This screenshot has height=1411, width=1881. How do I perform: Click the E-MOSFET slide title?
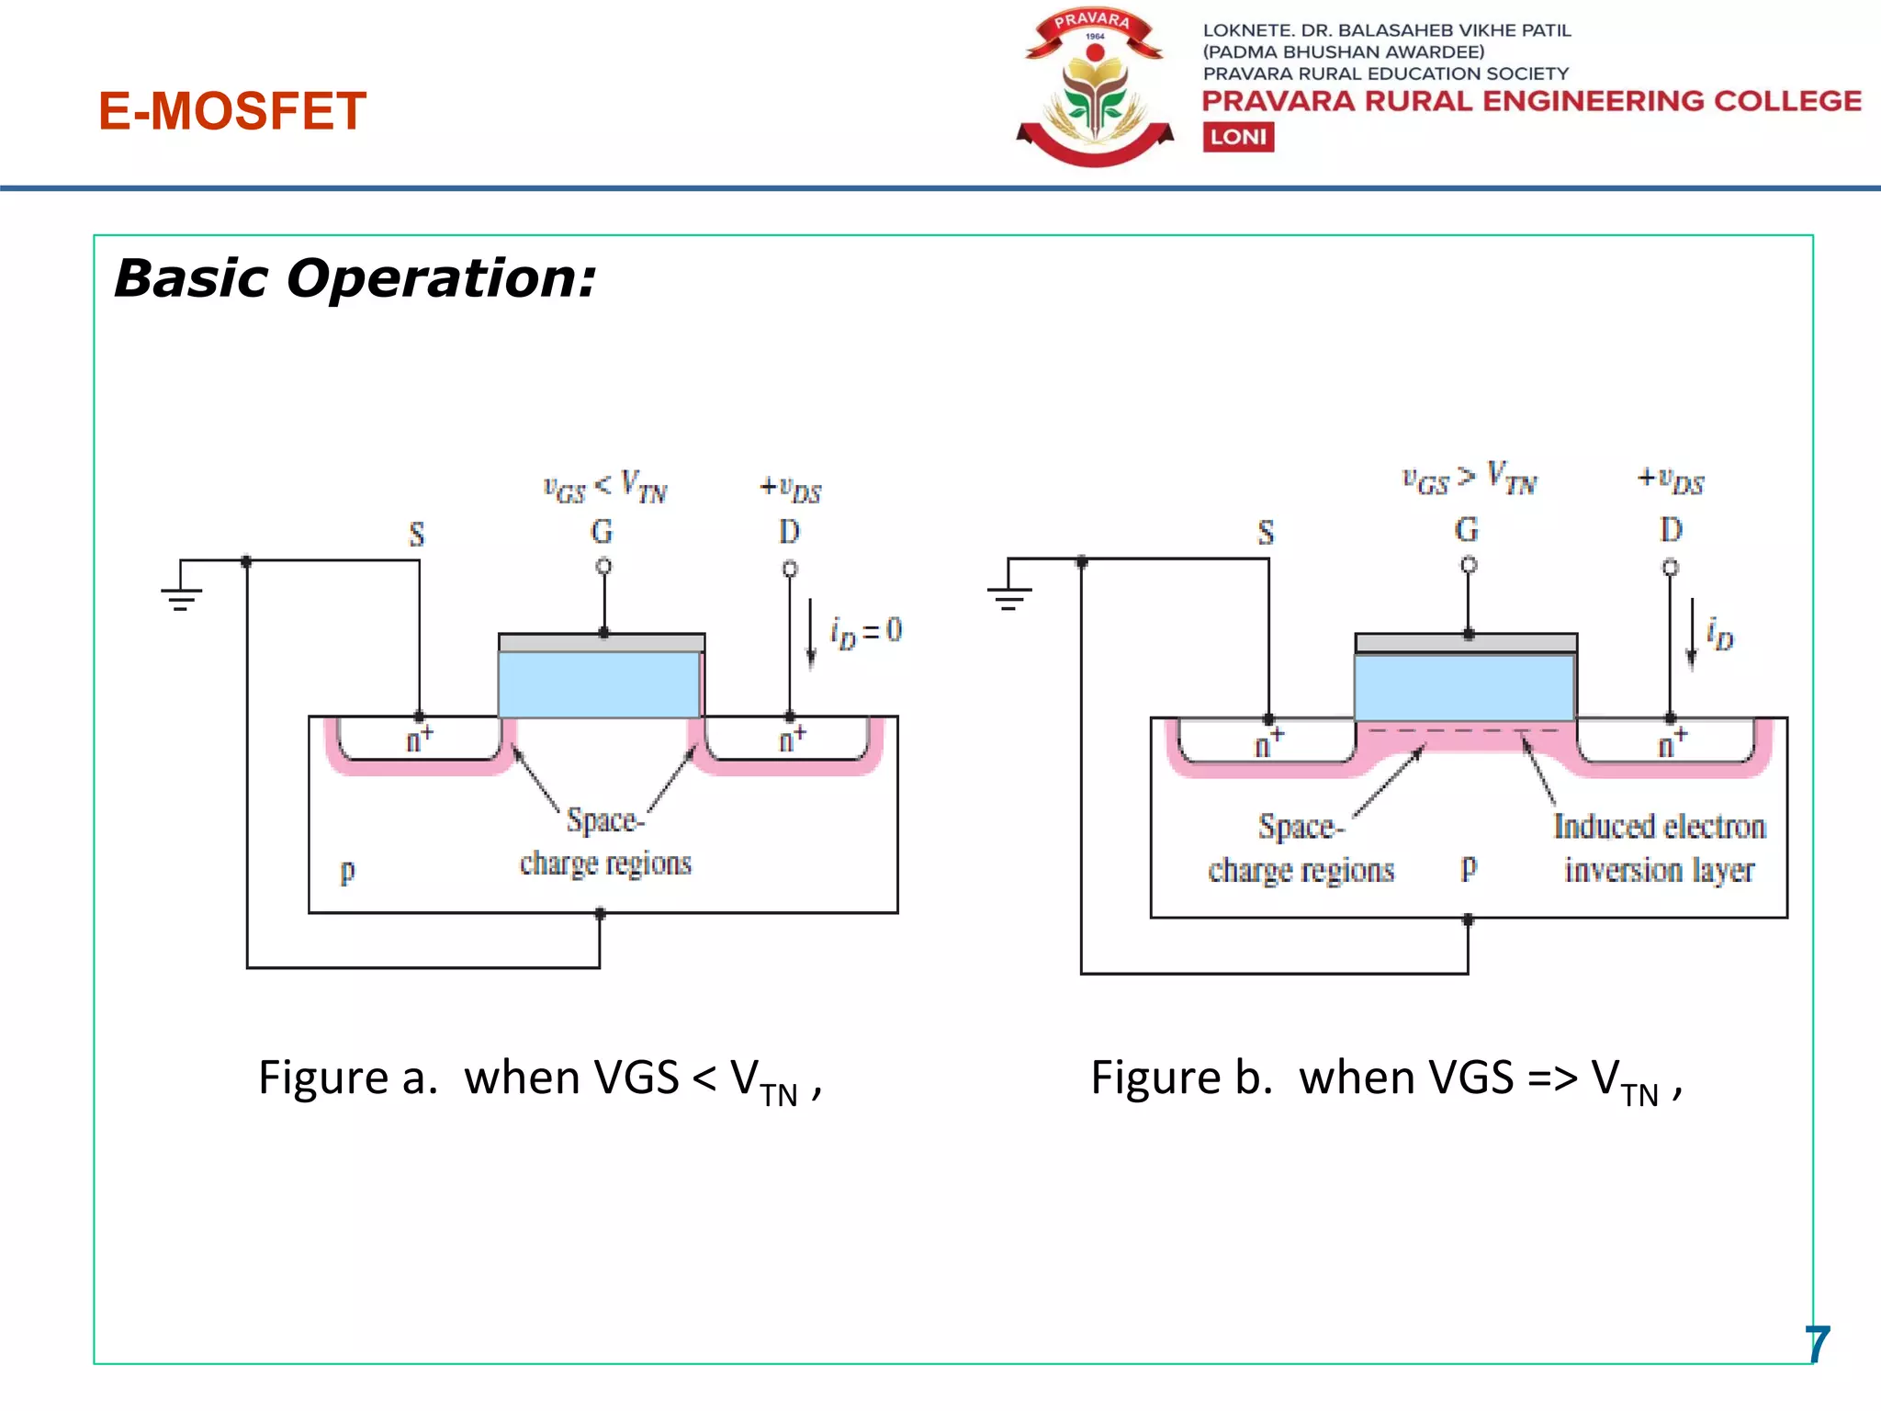(x=232, y=111)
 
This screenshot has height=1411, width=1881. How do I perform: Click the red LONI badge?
(x=1238, y=137)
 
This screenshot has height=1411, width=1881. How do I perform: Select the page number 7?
(x=1817, y=1345)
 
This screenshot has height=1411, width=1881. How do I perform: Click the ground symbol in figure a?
(x=181, y=598)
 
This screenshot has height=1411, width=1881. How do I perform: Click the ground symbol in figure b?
(x=1008, y=597)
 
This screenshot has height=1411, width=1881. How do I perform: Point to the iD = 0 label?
(x=865, y=632)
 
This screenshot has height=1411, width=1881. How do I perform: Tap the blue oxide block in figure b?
(x=1465, y=687)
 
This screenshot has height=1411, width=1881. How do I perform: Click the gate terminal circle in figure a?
(x=603, y=567)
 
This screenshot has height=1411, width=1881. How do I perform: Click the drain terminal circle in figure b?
(x=1671, y=568)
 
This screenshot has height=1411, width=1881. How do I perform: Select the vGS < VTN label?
(x=604, y=487)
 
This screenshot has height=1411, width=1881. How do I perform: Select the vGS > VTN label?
(x=1469, y=480)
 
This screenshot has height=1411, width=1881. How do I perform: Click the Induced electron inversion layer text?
(x=1659, y=848)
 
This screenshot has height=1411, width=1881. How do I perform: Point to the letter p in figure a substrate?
(x=347, y=871)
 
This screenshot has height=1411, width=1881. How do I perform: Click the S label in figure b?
(x=1266, y=533)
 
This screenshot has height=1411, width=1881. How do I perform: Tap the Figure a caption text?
(x=540, y=1078)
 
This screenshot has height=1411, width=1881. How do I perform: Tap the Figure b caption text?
(x=1386, y=1078)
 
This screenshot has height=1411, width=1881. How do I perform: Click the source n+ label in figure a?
(x=419, y=739)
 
